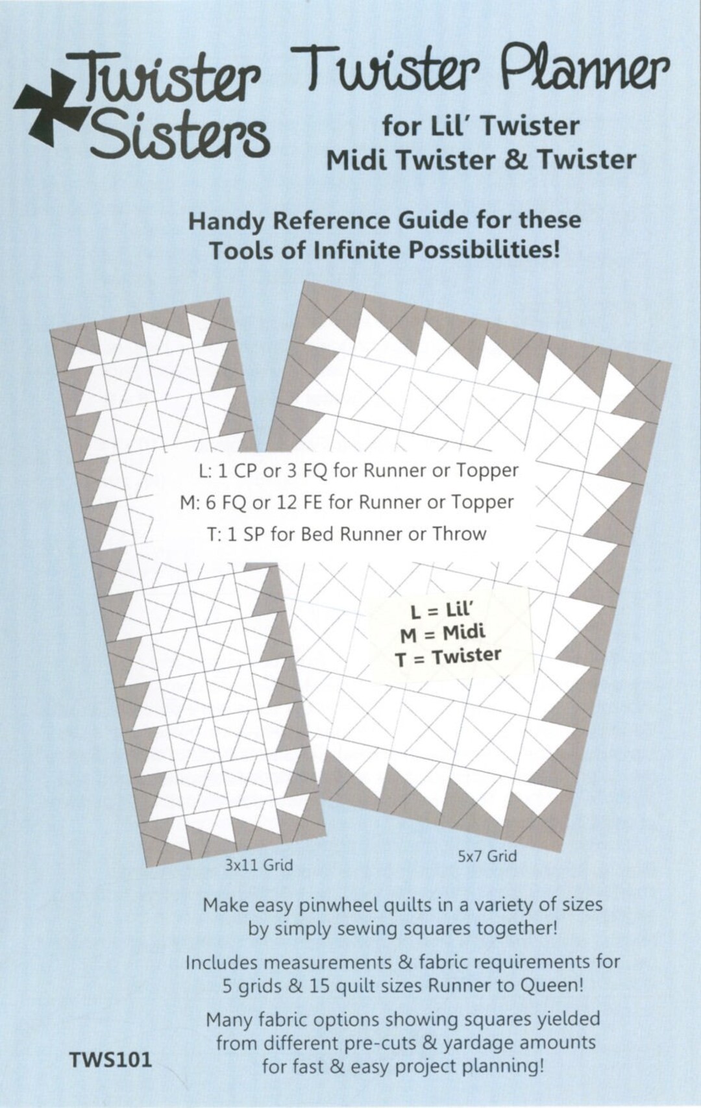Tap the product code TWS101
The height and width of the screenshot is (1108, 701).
pyautogui.click(x=110, y=1060)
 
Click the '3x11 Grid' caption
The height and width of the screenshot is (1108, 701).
pyautogui.click(x=259, y=865)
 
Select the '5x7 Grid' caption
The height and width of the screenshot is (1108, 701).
pyautogui.click(x=487, y=856)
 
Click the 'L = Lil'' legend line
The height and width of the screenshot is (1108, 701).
pyautogui.click(x=444, y=612)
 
